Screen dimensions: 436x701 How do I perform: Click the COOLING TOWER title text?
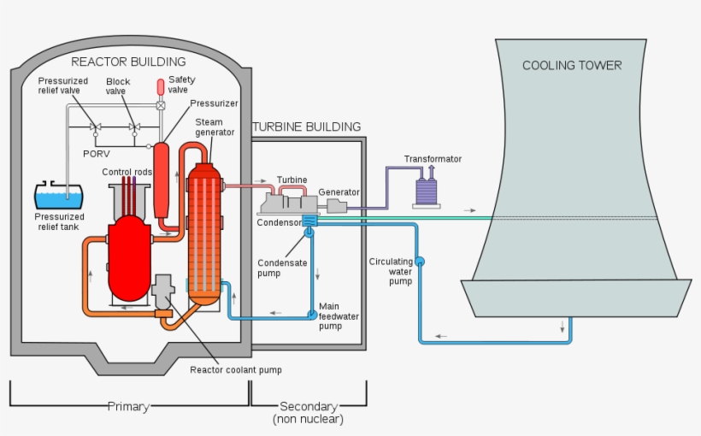tap(572, 66)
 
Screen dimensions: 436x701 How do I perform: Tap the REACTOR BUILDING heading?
tap(128, 62)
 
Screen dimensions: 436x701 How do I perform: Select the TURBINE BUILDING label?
tap(306, 127)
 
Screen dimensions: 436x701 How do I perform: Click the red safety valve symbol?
tap(160, 86)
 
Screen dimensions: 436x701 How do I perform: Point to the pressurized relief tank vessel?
tap(59, 197)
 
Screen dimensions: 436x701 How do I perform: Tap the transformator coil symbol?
tap(425, 192)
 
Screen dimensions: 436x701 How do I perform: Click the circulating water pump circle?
tap(420, 261)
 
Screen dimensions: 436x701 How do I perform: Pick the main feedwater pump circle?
tap(312, 315)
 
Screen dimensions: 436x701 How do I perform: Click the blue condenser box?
tap(309, 221)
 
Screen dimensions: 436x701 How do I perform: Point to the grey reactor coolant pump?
tap(163, 291)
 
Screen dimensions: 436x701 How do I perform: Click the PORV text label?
tap(96, 153)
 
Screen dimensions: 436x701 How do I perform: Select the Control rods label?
tap(128, 172)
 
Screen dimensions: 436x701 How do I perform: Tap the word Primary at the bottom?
tap(128, 406)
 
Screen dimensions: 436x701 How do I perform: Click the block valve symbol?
tap(133, 127)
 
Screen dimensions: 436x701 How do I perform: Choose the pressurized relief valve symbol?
tap(95, 127)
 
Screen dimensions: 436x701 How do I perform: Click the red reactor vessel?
tap(129, 256)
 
